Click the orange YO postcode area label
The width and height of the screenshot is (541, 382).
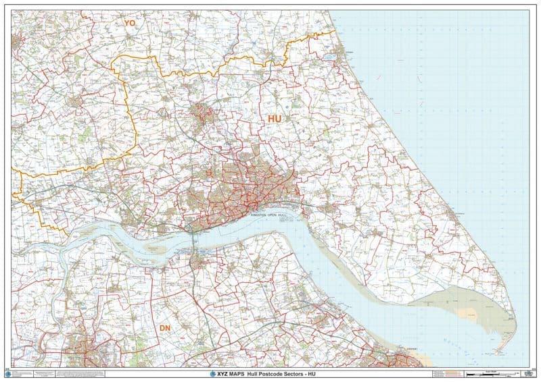[129, 22]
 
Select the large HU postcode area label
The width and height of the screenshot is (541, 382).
[275, 118]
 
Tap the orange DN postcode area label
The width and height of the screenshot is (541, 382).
[164, 328]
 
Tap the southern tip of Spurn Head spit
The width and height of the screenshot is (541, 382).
[498, 351]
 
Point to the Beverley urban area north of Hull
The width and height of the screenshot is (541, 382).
[202, 115]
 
